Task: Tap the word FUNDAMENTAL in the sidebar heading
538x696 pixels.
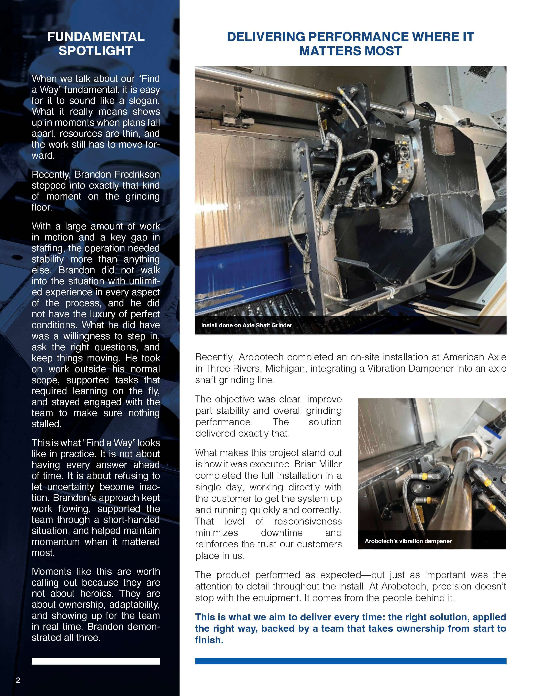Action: (x=96, y=37)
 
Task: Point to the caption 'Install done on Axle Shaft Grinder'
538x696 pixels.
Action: (x=246, y=325)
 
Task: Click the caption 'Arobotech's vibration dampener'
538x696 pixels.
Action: (x=408, y=541)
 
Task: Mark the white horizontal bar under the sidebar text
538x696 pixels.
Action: (x=96, y=661)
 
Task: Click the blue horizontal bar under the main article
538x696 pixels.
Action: (x=351, y=661)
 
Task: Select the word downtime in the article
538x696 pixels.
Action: (x=281, y=533)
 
